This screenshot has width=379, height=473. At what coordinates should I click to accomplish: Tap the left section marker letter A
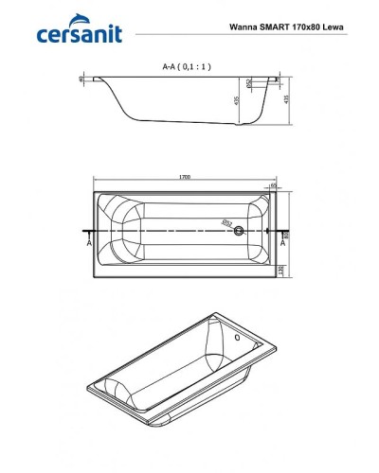click(x=89, y=242)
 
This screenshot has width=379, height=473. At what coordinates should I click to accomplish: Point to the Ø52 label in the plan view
click(x=226, y=223)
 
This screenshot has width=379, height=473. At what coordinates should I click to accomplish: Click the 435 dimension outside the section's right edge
click(x=285, y=99)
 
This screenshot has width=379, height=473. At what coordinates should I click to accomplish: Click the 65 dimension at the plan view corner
click(x=274, y=186)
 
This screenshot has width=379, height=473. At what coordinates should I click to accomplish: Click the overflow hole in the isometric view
click(x=236, y=340)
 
